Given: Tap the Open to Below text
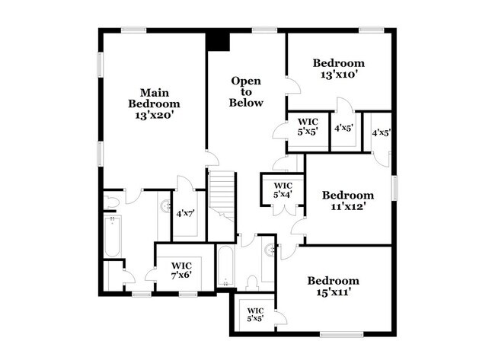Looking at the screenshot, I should (x=247, y=91).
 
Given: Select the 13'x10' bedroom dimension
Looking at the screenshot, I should (x=339, y=75).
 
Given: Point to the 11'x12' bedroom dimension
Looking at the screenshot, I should (x=347, y=206).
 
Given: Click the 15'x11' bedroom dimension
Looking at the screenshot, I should (x=332, y=292).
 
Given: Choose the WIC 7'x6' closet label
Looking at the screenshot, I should (x=180, y=270).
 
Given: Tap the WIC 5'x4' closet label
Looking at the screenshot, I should (x=283, y=190).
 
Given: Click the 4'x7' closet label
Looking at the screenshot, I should (x=184, y=213).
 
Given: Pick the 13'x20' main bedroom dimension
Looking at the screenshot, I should (x=154, y=116).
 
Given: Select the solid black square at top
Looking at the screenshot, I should (x=218, y=41).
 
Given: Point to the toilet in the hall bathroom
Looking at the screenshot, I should (x=252, y=282).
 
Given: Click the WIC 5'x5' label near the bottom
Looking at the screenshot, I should (x=255, y=315).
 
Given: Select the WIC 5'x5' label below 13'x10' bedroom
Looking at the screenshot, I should (x=307, y=126).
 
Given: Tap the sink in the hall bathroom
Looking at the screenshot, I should (x=269, y=250).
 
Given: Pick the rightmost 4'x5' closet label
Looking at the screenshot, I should (x=381, y=132).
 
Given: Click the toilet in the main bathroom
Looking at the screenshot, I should (x=111, y=202).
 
